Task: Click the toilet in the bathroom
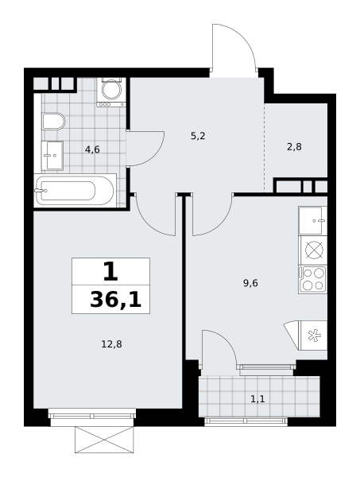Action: click(x=53, y=122)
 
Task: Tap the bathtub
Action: click(x=75, y=191)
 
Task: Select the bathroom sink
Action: click(x=52, y=155)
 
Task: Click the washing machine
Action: click(x=111, y=92)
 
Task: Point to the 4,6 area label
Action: click(x=92, y=149)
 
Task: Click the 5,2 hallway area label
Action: click(x=198, y=136)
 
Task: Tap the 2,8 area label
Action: click(x=294, y=147)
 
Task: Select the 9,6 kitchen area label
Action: click(x=250, y=283)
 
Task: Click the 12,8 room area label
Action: click(x=111, y=344)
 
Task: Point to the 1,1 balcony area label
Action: click(x=257, y=398)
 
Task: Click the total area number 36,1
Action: click(x=116, y=300)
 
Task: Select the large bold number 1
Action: click(x=110, y=272)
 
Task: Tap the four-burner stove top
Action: click(x=312, y=280)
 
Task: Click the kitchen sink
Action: click(x=312, y=220)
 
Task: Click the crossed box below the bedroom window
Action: click(x=104, y=440)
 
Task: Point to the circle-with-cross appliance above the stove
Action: click(x=314, y=250)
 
